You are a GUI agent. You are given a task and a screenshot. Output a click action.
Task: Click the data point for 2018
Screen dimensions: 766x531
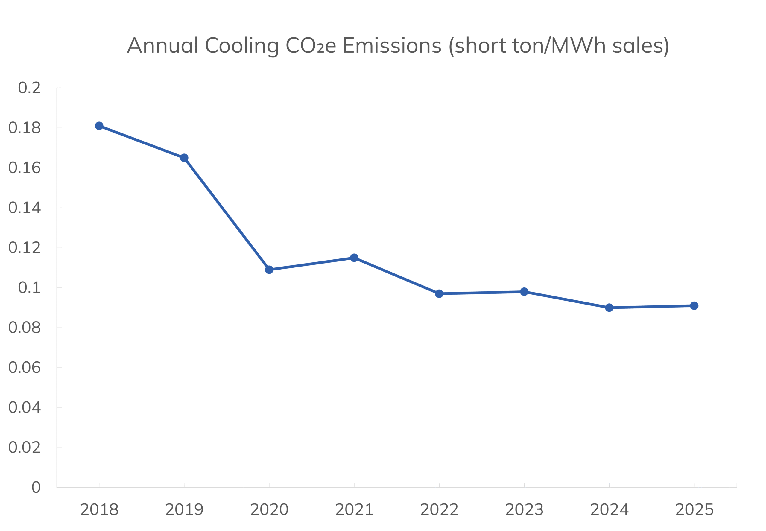[x=99, y=126]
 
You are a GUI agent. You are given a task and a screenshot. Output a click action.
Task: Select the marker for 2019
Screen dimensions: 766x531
[x=184, y=158]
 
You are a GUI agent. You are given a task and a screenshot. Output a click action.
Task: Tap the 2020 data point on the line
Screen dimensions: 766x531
[x=269, y=270]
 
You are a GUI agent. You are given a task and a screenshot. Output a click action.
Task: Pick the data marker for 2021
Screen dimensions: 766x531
[x=354, y=258]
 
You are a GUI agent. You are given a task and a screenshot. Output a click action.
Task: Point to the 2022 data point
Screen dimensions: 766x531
[x=439, y=293]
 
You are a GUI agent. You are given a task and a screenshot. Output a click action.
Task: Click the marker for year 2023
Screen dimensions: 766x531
[x=524, y=292]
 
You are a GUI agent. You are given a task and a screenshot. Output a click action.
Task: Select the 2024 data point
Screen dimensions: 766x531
[x=609, y=308]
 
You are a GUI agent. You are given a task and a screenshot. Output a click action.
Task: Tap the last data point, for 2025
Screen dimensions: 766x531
[x=694, y=306]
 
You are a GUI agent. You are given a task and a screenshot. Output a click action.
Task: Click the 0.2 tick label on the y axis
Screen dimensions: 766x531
[x=29, y=88]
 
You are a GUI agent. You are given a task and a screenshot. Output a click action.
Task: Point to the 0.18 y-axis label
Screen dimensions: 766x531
[x=24, y=128]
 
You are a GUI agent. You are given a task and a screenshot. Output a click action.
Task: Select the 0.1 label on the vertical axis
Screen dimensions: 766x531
[x=29, y=287]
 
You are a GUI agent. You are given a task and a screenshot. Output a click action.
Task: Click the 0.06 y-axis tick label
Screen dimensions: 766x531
[x=24, y=368]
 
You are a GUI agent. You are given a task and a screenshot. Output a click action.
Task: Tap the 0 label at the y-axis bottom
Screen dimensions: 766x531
[x=36, y=487]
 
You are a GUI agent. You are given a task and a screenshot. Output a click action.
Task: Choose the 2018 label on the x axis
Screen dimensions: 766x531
[x=99, y=509]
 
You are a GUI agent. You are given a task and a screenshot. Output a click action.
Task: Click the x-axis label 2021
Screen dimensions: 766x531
[x=354, y=509]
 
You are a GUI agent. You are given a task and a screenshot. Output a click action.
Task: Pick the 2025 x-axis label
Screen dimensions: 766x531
[x=694, y=509]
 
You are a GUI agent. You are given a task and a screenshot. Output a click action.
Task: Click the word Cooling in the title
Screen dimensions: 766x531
[x=242, y=46]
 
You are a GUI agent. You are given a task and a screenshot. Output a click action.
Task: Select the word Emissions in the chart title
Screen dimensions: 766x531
[x=392, y=45]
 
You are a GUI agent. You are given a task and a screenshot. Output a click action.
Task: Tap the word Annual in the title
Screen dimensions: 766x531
[x=163, y=45]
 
